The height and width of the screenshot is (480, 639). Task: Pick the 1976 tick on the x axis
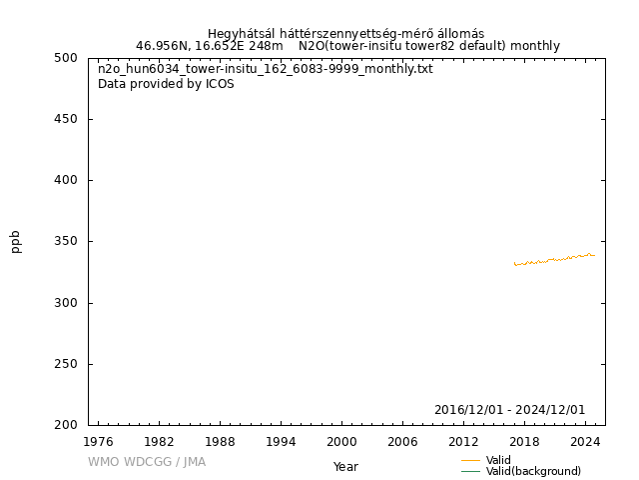point(98,441)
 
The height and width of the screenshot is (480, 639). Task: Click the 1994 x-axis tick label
point(281,441)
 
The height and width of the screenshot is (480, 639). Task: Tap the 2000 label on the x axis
point(341,441)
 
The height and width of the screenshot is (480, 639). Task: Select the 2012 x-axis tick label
point(463,441)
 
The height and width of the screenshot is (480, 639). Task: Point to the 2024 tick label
point(585,441)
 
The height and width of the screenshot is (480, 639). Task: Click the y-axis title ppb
point(16,241)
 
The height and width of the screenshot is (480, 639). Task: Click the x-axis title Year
point(345,467)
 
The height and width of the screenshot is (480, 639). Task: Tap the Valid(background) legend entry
point(533,472)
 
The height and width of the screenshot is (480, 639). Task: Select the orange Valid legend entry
point(498,460)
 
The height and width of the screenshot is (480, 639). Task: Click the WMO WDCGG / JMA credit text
point(146,462)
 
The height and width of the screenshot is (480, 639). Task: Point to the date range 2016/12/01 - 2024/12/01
point(509,410)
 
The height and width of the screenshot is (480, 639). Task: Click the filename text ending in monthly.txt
point(265,69)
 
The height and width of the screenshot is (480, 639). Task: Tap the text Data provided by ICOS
point(166,84)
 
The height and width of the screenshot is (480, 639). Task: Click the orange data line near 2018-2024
point(554,259)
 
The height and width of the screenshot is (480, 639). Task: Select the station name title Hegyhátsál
point(345,33)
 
